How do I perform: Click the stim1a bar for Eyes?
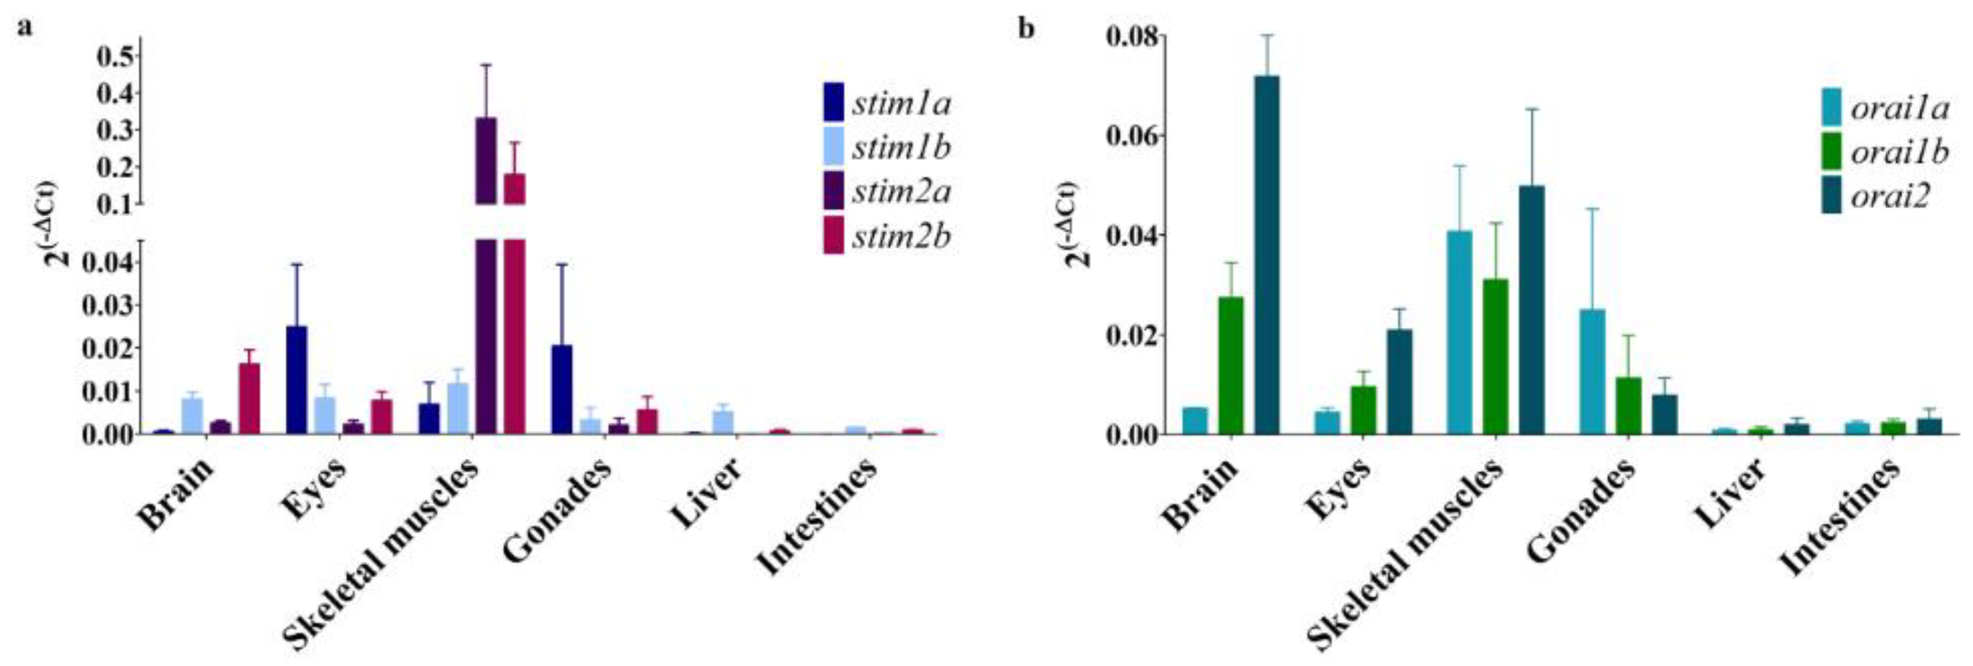coord(296,380)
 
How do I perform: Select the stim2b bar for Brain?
coord(249,399)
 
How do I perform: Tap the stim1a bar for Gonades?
coord(561,390)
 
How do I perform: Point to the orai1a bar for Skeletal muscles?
coord(1459,332)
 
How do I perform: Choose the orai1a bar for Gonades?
coord(1592,372)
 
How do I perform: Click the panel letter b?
coord(1025,29)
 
